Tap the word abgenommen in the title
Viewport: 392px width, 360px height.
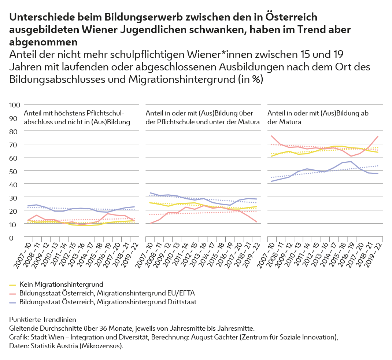44,41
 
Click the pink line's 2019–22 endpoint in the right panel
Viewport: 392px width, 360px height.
378,136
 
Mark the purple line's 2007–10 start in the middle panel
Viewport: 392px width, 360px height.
150,193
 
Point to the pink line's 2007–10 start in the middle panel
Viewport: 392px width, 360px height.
150,223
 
